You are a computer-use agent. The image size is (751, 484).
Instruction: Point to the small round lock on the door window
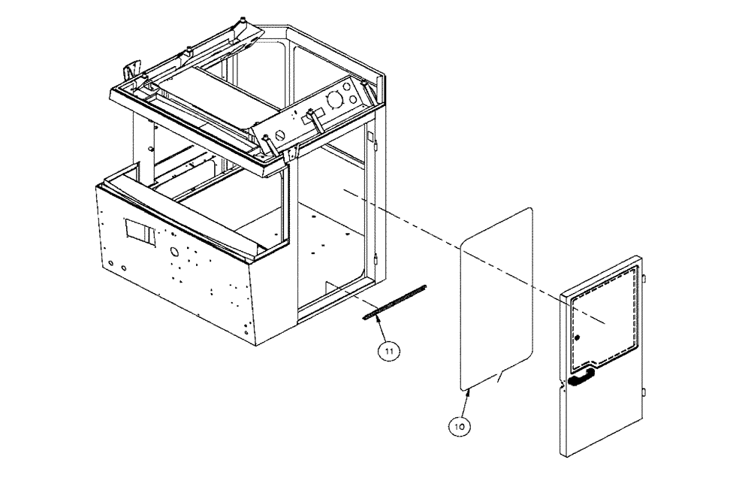pyautogui.click(x=577, y=339)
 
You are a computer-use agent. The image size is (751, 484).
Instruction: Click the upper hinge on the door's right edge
pyautogui.click(x=645, y=280)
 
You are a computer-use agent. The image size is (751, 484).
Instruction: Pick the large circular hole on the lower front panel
pyautogui.click(x=173, y=252)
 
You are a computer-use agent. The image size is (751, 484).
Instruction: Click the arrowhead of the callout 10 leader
pyautogui.click(x=468, y=390)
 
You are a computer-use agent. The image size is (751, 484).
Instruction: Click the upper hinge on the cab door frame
pyautogui.click(x=372, y=137)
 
